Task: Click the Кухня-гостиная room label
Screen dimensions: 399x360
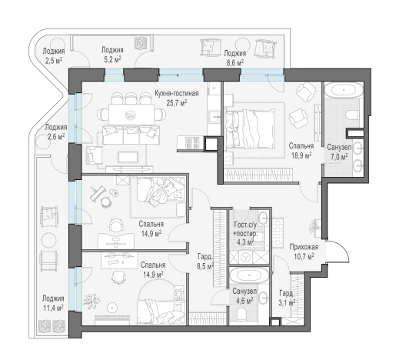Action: pos(177,93)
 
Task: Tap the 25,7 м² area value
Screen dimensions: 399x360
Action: pos(177,103)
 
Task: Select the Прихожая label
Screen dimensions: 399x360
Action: pos(304,247)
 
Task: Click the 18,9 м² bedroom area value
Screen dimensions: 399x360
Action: pos(301,155)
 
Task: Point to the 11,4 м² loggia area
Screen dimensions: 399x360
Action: pos(53,308)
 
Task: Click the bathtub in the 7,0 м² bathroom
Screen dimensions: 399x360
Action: pos(344,91)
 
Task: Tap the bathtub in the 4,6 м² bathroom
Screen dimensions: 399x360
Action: pos(249,276)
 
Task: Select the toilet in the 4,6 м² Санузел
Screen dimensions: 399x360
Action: pos(242,314)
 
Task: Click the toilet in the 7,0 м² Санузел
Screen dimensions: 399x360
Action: pos(354,115)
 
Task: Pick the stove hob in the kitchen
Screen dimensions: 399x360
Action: pos(192,143)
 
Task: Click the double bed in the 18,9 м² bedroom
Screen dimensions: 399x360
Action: pos(249,128)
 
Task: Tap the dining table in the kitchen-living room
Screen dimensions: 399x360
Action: pos(131,115)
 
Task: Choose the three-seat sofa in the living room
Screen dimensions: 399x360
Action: pos(131,135)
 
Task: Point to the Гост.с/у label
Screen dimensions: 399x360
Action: pos(245,225)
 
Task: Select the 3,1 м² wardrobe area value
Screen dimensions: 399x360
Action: pos(287,303)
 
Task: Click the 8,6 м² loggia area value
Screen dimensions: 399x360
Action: pos(234,62)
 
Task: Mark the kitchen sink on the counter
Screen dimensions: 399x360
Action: pos(214,117)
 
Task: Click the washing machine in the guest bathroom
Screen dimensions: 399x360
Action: pos(246,257)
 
